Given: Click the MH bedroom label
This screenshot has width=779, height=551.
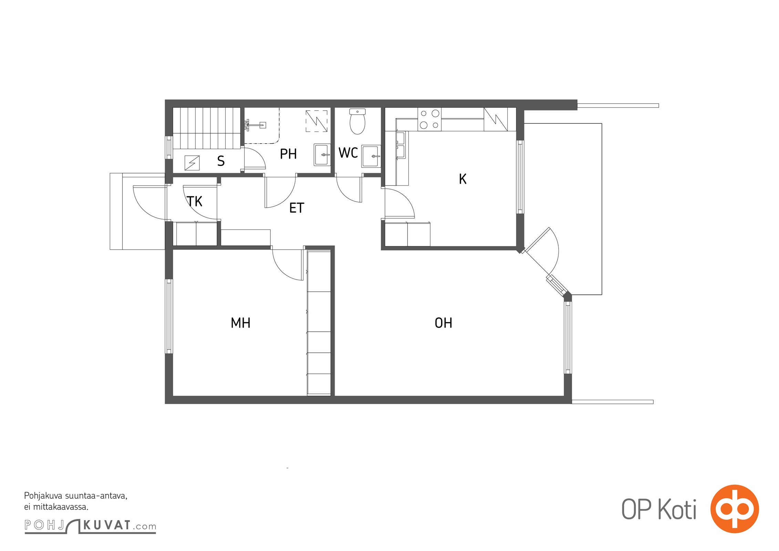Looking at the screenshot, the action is coord(240,323).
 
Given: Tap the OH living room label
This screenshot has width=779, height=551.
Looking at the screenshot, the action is coord(443,323).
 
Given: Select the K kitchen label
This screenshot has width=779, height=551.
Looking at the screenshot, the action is coord(463,179).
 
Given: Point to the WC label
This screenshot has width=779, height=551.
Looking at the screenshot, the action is coord(348,153).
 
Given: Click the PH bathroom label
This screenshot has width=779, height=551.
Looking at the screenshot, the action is coord(288,154).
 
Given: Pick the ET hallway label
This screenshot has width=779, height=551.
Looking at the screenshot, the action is coord(297,208).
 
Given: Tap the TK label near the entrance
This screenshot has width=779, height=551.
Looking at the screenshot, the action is coord(195,201).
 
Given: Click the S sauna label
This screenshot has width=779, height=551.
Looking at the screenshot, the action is coord(221,161).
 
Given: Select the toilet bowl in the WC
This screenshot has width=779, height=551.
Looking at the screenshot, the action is coord(357,122).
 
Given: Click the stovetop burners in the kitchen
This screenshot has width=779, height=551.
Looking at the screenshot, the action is coord(429,119).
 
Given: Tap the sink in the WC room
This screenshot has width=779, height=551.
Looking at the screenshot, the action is coord(371,156).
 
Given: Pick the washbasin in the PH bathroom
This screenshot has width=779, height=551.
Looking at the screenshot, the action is coord(322,155).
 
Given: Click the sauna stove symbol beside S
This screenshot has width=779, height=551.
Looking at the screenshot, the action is coord(192,163).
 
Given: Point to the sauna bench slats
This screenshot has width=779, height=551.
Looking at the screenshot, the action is coord(206,128).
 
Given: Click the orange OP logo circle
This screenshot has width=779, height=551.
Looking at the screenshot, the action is coord(735,509).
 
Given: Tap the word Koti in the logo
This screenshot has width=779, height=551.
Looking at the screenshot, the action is coord(677,509).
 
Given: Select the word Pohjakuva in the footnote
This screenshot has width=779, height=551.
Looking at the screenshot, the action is coord(43,496).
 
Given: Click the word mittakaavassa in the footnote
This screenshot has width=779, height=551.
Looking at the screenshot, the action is coord(60,507).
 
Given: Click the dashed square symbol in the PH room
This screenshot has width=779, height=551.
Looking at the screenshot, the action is coord(316,121).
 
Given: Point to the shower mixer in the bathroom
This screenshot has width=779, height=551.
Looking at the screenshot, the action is coord(255,125).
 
